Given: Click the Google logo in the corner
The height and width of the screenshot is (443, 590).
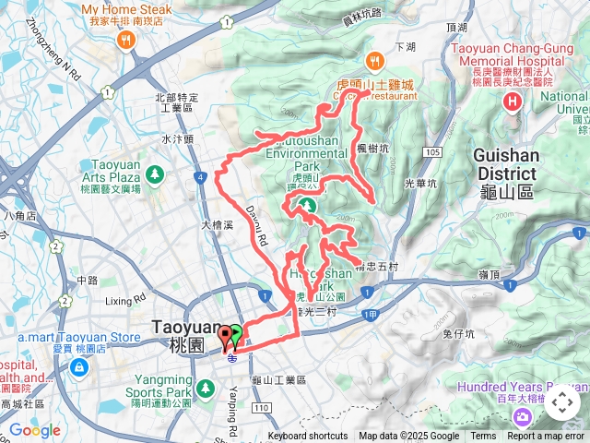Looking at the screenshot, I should click(x=34, y=430).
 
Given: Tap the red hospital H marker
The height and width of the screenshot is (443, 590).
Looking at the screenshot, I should click(x=513, y=101).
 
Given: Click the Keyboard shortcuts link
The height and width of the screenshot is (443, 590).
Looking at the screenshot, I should click(x=308, y=437).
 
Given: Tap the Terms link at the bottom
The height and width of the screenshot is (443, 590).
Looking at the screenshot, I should click(x=483, y=437).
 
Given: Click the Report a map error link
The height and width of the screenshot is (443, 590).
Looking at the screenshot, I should click(x=546, y=437).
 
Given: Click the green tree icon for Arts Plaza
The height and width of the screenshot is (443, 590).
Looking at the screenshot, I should click(x=154, y=173).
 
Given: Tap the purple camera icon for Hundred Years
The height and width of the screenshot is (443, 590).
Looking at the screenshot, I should click(x=523, y=417).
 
